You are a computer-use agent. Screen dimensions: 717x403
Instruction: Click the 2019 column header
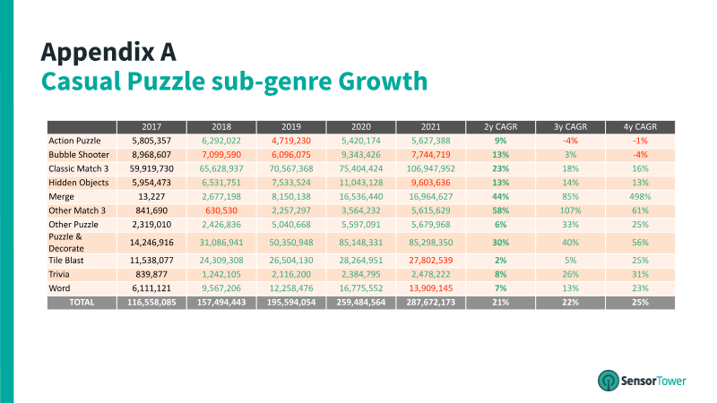[290, 126]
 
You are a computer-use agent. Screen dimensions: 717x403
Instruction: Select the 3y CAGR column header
[570, 126]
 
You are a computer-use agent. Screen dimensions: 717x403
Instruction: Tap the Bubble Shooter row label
[79, 154]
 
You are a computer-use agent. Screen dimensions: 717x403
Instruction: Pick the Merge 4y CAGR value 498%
[640, 196]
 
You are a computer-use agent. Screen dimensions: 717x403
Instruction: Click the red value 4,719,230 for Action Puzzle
[290, 141]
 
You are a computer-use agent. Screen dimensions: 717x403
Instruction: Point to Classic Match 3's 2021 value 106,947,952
[431, 168]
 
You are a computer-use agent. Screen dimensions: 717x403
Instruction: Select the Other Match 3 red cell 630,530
[221, 210]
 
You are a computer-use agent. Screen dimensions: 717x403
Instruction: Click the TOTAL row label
[82, 303]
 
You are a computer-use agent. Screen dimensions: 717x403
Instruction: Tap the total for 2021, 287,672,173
[431, 303]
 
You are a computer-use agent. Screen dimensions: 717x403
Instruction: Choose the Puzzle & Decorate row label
[65, 243]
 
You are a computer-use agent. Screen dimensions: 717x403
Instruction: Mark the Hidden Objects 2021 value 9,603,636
[431, 183]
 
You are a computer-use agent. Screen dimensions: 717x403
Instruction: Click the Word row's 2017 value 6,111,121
[151, 288]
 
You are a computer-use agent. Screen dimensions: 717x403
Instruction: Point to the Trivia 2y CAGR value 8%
[501, 274]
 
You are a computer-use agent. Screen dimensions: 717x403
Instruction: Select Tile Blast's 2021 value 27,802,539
[431, 261]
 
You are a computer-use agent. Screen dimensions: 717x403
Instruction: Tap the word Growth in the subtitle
[383, 81]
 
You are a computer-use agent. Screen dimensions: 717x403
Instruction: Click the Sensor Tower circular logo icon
[609, 380]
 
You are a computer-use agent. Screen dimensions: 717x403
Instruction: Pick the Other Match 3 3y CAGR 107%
[570, 210]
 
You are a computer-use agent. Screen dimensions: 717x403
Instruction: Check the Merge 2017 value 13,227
[151, 196]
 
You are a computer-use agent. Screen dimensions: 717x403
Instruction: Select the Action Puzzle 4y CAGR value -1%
[640, 141]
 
